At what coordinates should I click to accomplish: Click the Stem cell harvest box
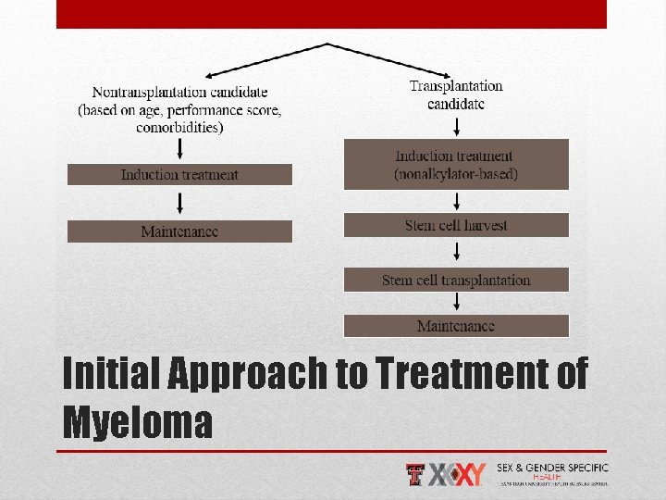tap(456, 225)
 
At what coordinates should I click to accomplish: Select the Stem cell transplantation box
tap(456, 280)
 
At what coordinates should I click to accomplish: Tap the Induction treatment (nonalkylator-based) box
tap(456, 165)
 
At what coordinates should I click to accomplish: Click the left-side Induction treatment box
tap(179, 175)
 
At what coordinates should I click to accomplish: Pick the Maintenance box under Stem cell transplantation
tap(456, 326)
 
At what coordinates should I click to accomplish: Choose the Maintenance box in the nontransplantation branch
tap(179, 231)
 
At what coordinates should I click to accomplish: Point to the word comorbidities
tap(179, 128)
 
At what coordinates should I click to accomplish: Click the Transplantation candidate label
tap(456, 94)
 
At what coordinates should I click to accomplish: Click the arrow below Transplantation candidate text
tap(456, 126)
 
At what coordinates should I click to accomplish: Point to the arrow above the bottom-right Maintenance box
tap(456, 303)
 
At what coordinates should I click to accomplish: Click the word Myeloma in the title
tap(137, 422)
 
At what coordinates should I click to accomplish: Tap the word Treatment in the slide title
tap(448, 375)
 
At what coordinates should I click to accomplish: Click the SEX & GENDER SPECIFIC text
tap(552, 469)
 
